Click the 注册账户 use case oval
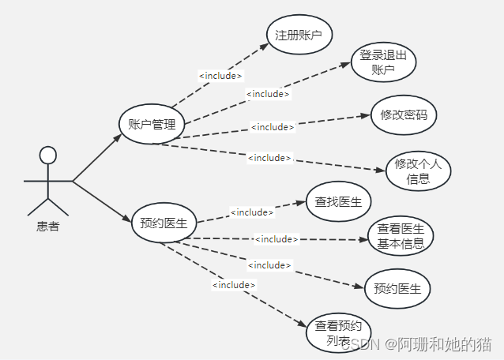click(299, 36)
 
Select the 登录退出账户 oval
click(383, 62)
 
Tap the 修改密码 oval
click(404, 115)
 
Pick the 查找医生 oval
click(338, 202)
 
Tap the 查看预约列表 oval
click(337, 332)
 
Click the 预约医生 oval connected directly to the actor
click(163, 223)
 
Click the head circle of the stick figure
click(48, 154)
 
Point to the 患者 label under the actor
click(47, 227)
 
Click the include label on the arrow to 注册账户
click(220, 76)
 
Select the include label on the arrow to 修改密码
click(273, 126)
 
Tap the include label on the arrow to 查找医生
click(251, 212)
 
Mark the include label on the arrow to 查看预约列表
click(234, 284)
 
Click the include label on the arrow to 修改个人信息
click(269, 158)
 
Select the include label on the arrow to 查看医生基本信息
click(276, 238)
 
